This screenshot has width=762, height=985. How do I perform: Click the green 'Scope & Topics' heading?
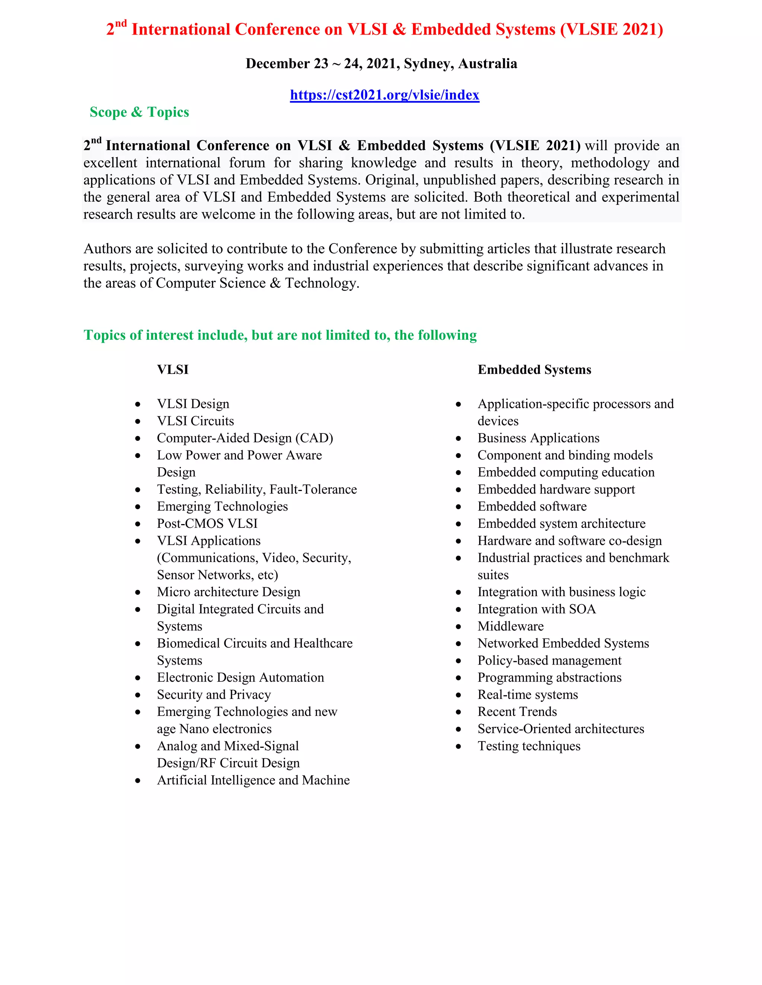click(139, 112)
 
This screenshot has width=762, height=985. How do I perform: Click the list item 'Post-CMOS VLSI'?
click(207, 523)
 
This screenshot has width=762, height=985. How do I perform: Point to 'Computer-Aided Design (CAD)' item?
click(245, 438)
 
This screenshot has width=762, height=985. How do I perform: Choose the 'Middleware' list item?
click(510, 626)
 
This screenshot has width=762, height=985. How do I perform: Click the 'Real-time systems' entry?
click(527, 695)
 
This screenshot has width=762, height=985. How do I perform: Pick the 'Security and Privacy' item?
click(214, 695)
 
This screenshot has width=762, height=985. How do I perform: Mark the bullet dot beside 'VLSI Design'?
click(138, 404)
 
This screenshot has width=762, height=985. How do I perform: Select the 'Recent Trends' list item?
click(517, 712)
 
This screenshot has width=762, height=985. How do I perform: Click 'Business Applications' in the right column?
click(538, 438)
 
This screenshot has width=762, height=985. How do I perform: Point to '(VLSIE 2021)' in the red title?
click(611, 29)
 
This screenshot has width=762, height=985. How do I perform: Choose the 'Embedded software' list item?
click(532, 507)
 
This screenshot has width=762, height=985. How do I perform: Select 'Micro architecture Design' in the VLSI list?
click(228, 592)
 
